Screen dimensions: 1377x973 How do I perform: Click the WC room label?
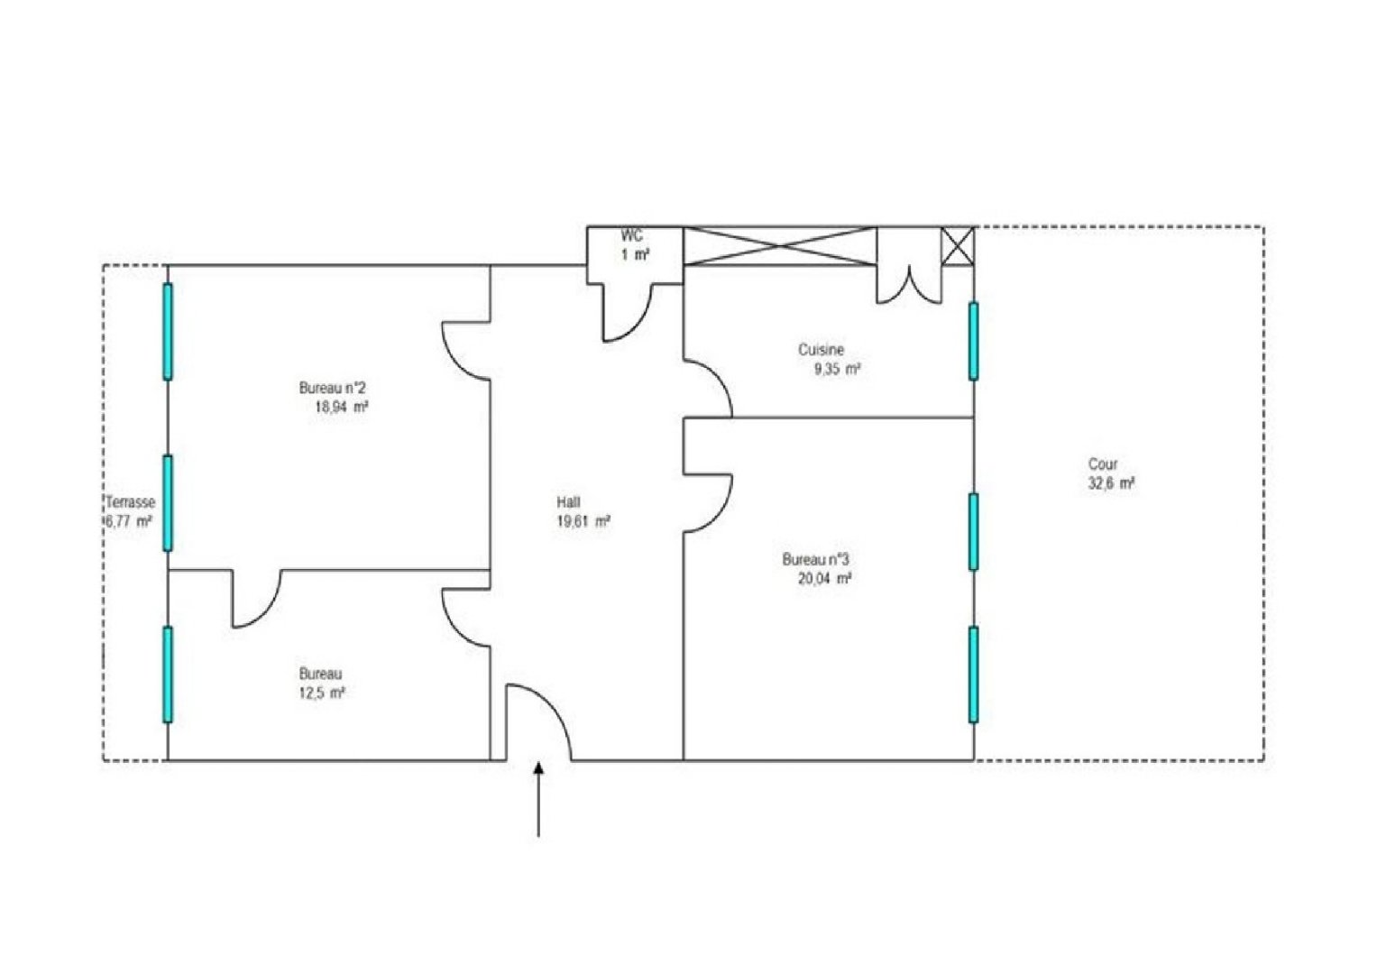click(x=632, y=235)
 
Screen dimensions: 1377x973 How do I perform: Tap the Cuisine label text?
click(x=821, y=350)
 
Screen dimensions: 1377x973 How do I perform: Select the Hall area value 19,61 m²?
click(x=583, y=522)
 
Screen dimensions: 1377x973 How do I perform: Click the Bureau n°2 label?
click(x=332, y=388)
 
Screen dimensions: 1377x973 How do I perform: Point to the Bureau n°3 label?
click(x=815, y=559)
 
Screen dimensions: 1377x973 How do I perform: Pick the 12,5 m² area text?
click(x=322, y=693)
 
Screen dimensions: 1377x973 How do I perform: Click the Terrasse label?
click(x=130, y=502)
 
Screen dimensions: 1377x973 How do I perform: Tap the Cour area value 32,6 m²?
click(x=1111, y=483)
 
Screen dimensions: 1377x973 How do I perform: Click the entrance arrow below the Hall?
click(x=538, y=799)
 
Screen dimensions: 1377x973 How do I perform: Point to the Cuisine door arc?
click(x=720, y=376)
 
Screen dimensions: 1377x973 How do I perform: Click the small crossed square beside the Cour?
click(x=958, y=246)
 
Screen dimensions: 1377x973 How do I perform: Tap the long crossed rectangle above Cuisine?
click(x=780, y=246)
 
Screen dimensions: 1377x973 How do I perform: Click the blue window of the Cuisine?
click(x=973, y=341)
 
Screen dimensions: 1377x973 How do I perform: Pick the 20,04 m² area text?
click(x=824, y=578)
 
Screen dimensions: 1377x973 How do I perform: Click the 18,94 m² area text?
click(x=341, y=407)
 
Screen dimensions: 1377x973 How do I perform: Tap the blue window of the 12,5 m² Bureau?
click(x=168, y=675)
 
